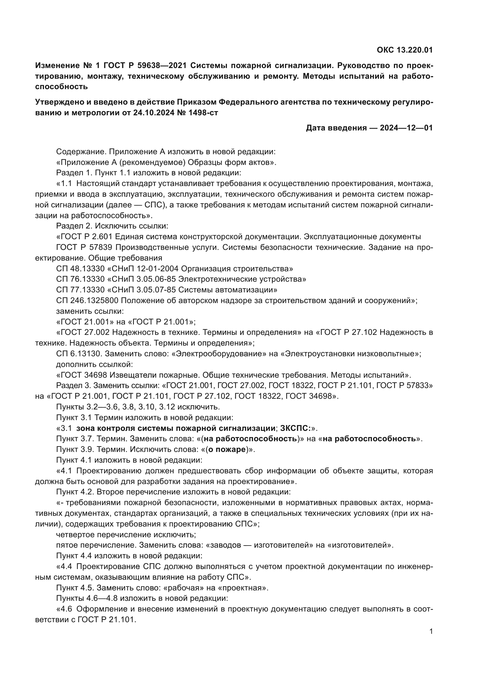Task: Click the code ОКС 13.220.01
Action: [x=405, y=50]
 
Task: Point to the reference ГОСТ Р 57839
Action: [x=84, y=247]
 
